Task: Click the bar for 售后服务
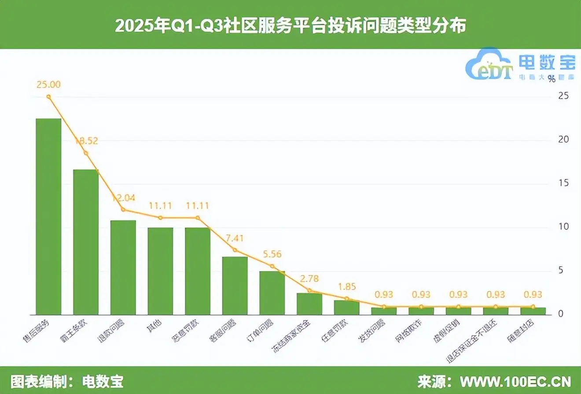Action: coord(48,216)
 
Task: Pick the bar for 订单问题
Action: coord(272,293)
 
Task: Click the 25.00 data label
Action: coord(48,85)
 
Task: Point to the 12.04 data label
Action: coord(123,197)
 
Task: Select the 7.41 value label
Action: coord(235,238)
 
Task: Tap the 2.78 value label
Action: coord(309,279)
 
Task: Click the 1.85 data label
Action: coord(346,286)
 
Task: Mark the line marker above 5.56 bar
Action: coord(272,266)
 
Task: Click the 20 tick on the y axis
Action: coord(563,140)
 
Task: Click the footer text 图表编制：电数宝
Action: coord(67,381)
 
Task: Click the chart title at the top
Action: coord(290,26)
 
